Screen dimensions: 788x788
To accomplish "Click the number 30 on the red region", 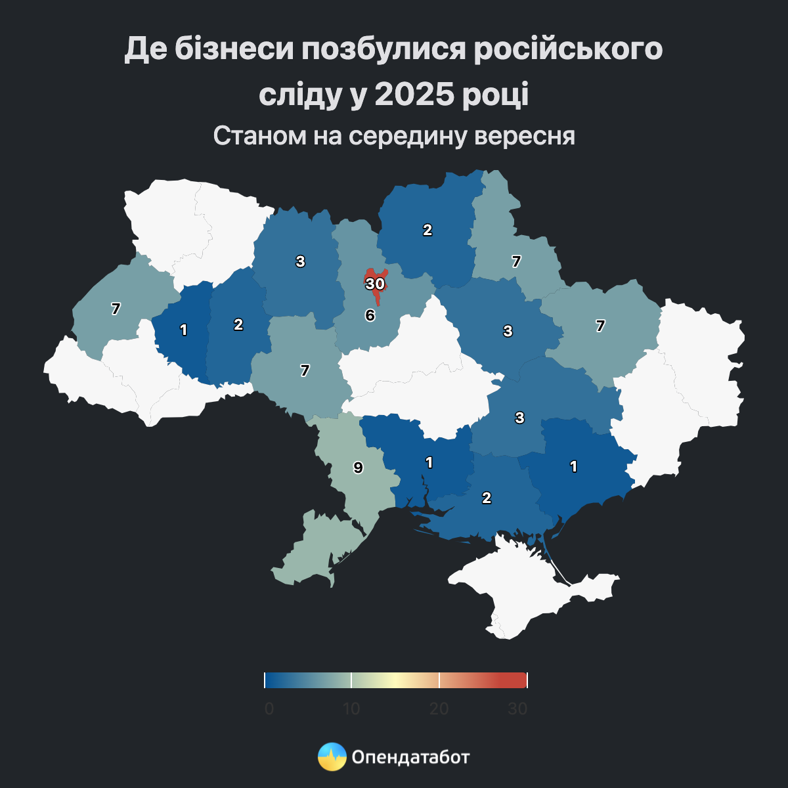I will click(375, 284).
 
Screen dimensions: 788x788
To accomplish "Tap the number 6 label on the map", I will click(370, 315).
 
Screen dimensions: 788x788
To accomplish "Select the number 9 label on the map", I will click(358, 468).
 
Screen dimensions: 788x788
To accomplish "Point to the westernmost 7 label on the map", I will click(116, 309).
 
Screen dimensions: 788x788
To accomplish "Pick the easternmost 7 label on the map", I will click(600, 326).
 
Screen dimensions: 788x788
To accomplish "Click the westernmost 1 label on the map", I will click(184, 330).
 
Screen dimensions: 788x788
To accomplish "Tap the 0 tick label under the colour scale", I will click(269, 709).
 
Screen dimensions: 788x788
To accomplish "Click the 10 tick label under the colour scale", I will click(351, 709).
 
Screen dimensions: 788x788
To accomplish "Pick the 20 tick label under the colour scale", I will click(439, 709).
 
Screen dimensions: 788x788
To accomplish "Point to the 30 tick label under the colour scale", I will click(517, 709).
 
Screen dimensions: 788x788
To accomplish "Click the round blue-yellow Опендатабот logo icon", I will click(332, 757).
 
